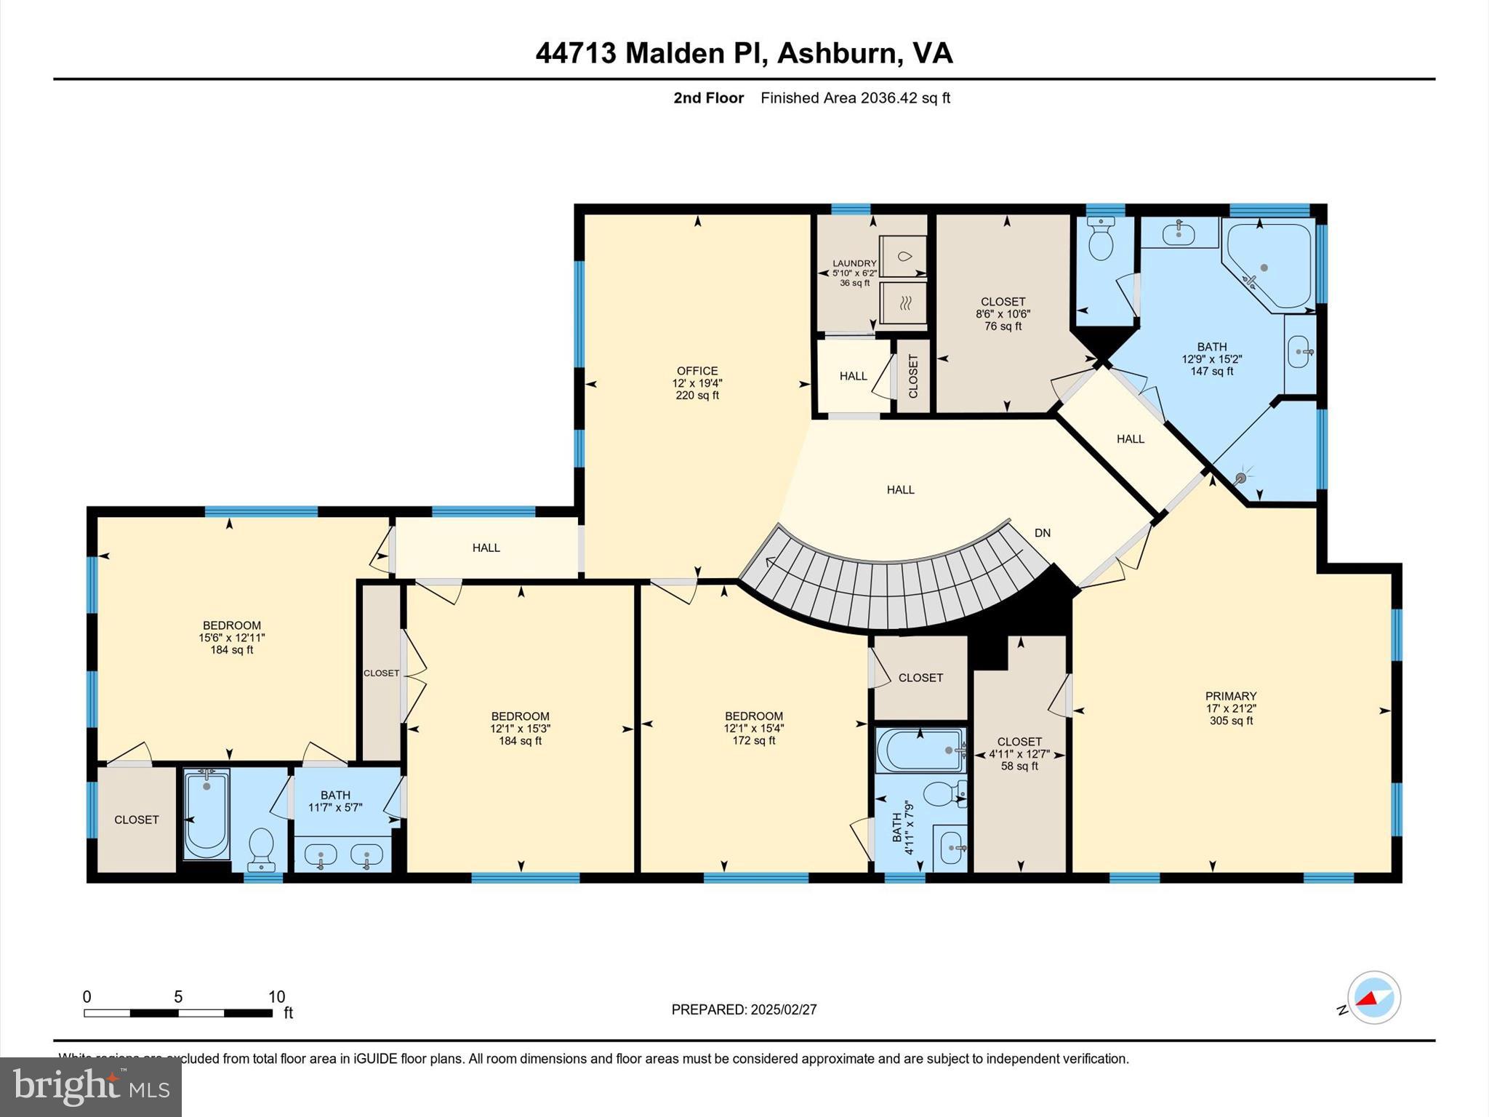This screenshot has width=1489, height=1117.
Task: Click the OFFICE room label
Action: pos(697,371)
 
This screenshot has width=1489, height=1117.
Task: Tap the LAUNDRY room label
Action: pos(854,263)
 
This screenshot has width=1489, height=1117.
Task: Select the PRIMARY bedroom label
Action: pos(1230,696)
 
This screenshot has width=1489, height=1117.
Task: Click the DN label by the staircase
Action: pos(1042,533)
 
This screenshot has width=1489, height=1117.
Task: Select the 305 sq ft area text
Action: pos(1231,721)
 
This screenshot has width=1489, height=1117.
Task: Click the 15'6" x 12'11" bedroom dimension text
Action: pos(231,638)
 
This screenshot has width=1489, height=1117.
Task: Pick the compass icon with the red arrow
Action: pos(1373,998)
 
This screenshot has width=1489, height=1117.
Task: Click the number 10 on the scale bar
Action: pos(276,997)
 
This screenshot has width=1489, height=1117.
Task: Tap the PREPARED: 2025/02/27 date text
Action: pos(744,1009)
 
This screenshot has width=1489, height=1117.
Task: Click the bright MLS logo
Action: pos(91,1087)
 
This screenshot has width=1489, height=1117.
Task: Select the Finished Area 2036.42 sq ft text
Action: pos(855,98)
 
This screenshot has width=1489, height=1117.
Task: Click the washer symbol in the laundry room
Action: pos(904,256)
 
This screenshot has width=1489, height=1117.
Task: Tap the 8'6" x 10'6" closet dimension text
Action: pos(1003,314)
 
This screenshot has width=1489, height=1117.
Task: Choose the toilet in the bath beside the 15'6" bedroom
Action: pos(260,848)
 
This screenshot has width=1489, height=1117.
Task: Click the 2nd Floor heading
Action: pos(708,98)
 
